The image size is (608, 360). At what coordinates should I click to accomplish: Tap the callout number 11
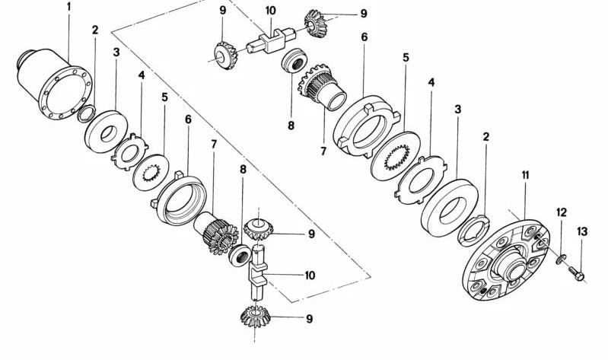pyautogui.click(x=525, y=176)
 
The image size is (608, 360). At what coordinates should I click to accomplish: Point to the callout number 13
pyautogui.click(x=581, y=232)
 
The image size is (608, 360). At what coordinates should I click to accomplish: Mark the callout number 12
pyautogui.click(x=561, y=212)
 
